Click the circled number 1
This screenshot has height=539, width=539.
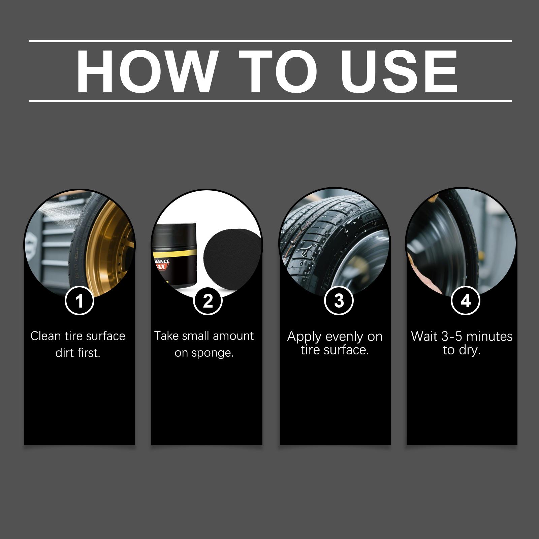click(x=79, y=300)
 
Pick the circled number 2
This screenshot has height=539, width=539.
click(x=208, y=300)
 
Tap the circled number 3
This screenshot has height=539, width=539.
click(x=339, y=300)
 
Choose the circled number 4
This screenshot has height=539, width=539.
click(x=465, y=300)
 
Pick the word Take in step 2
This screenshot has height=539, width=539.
click(x=166, y=336)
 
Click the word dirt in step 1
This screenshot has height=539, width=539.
click(x=64, y=353)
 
